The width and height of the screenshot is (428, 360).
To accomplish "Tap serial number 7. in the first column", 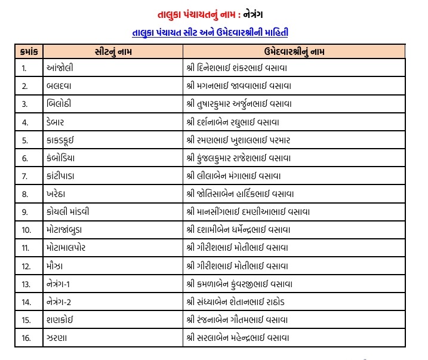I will tap(25, 176).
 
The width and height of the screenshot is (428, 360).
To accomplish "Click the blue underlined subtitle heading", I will tap(214, 32).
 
